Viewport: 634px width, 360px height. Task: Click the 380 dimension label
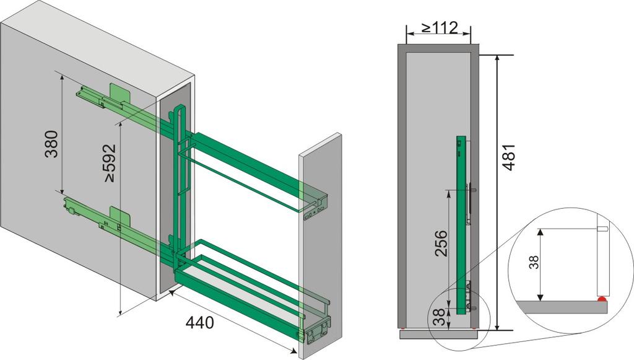tap(51, 144)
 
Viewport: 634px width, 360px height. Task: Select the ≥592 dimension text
tap(110, 162)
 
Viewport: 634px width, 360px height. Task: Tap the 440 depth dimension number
tap(199, 323)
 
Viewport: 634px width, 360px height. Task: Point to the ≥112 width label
tap(440, 27)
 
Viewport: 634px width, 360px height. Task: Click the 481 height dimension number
tap(508, 157)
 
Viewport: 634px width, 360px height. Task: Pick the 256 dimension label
tap(441, 243)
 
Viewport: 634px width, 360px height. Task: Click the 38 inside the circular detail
tap(534, 262)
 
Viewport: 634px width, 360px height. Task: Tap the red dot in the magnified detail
tap(602, 300)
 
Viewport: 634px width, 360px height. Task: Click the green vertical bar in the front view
tap(460, 225)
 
